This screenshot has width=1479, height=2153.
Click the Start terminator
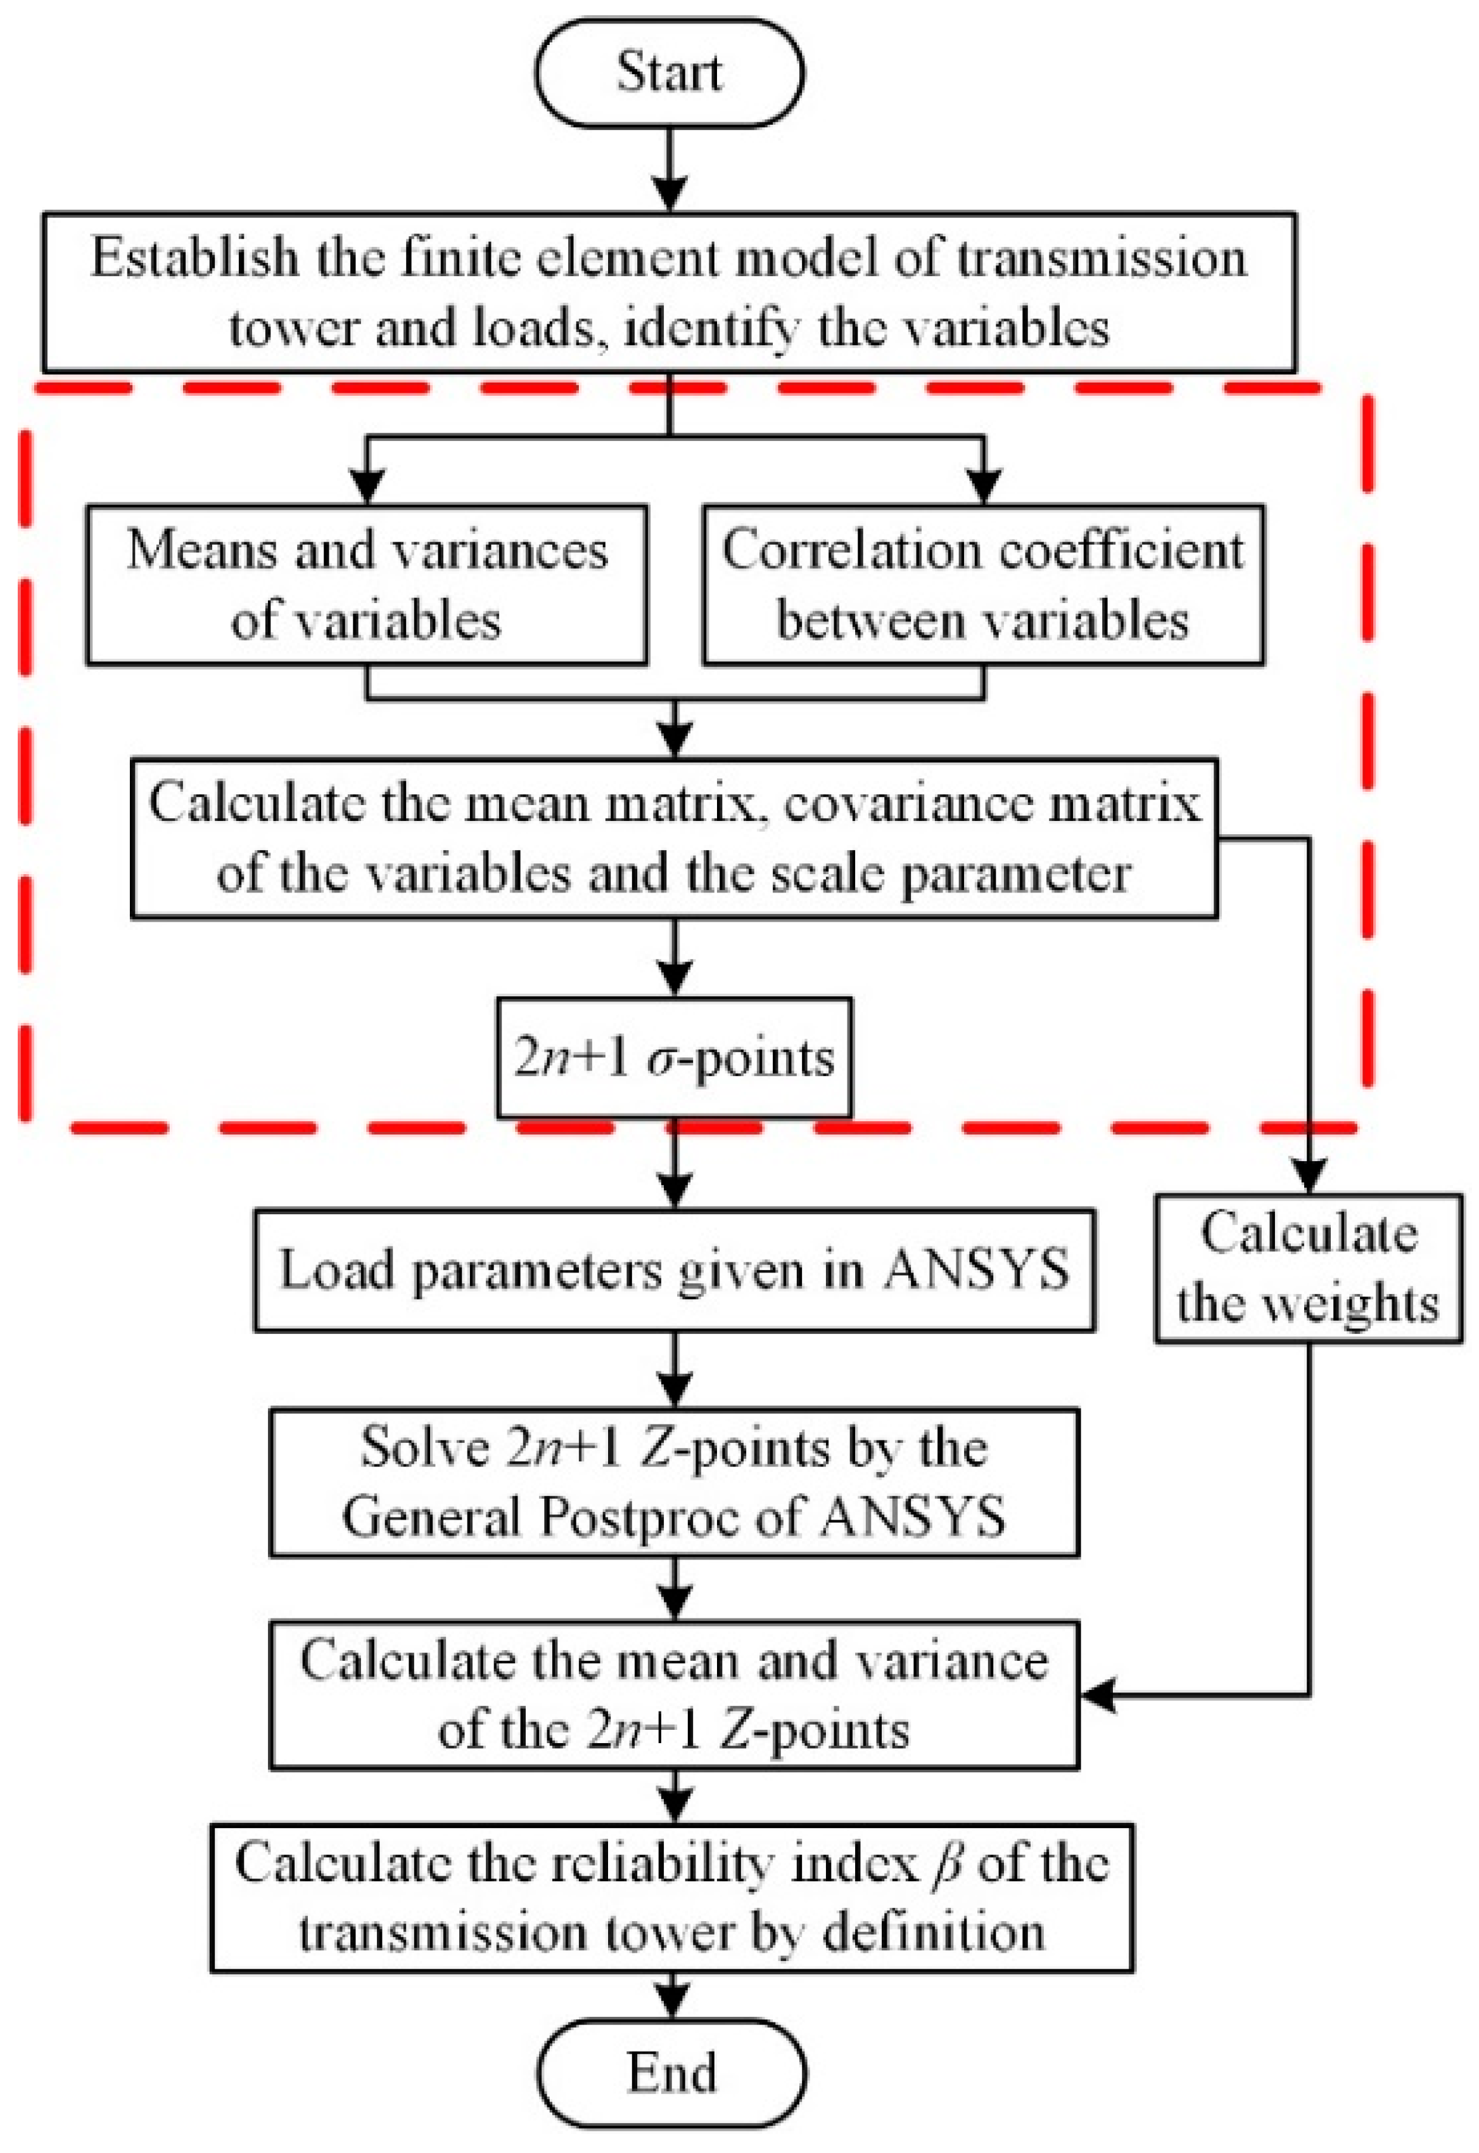tap(669, 72)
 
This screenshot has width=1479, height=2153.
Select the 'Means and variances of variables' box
tap(367, 585)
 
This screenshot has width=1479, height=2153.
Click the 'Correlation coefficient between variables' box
tap(983, 585)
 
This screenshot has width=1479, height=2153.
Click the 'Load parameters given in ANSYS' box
tap(674, 1270)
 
